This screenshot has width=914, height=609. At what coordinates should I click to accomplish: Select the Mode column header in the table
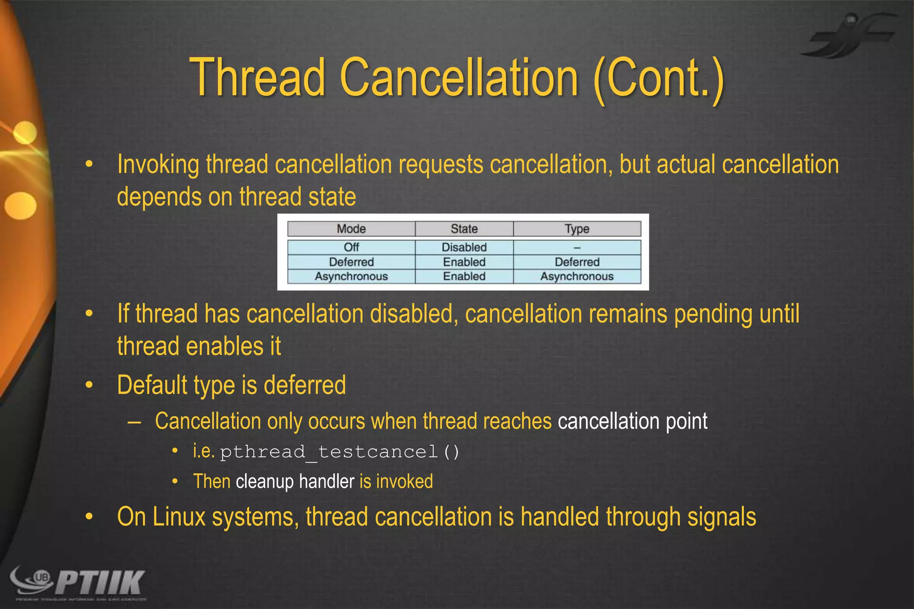pyautogui.click(x=351, y=229)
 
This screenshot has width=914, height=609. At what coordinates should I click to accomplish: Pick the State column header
pyautogui.click(x=464, y=229)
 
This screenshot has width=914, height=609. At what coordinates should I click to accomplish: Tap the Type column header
pyautogui.click(x=577, y=229)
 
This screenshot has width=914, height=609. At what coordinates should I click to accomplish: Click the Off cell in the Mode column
pyautogui.click(x=351, y=247)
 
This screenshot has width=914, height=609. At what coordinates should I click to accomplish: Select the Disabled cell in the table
pyautogui.click(x=464, y=247)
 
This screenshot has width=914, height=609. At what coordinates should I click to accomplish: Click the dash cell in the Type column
pyautogui.click(x=577, y=248)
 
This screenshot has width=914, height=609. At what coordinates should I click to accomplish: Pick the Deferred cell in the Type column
pyautogui.click(x=577, y=262)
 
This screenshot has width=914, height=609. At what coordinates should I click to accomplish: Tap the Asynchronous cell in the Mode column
pyautogui.click(x=351, y=277)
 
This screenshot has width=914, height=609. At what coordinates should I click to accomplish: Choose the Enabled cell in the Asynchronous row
pyautogui.click(x=464, y=277)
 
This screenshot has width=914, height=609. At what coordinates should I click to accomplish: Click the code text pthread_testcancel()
pyautogui.click(x=340, y=452)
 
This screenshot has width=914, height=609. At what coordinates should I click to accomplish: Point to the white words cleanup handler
pyautogui.click(x=295, y=482)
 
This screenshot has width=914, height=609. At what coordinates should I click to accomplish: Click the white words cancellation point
pyautogui.click(x=632, y=421)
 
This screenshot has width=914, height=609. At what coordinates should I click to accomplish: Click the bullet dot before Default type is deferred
pyautogui.click(x=89, y=385)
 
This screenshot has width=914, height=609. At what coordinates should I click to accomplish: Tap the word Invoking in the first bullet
pyautogui.click(x=158, y=165)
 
